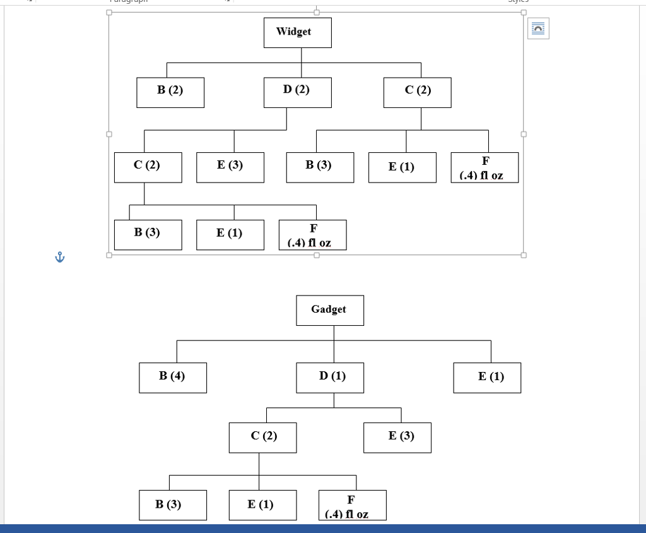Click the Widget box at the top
297,33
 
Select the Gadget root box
329,310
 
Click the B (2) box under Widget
170,92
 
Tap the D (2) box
297,92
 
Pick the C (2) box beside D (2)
417,92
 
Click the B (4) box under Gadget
172,378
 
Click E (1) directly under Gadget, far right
487,378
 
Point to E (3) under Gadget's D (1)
397,438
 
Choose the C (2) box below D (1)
262,438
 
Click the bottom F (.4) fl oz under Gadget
352,505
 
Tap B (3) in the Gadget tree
172,505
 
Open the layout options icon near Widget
538,29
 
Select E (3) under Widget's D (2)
230,167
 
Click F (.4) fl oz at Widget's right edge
484,167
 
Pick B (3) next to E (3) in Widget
320,167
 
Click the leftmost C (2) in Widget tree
148,167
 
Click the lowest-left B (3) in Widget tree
148,234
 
